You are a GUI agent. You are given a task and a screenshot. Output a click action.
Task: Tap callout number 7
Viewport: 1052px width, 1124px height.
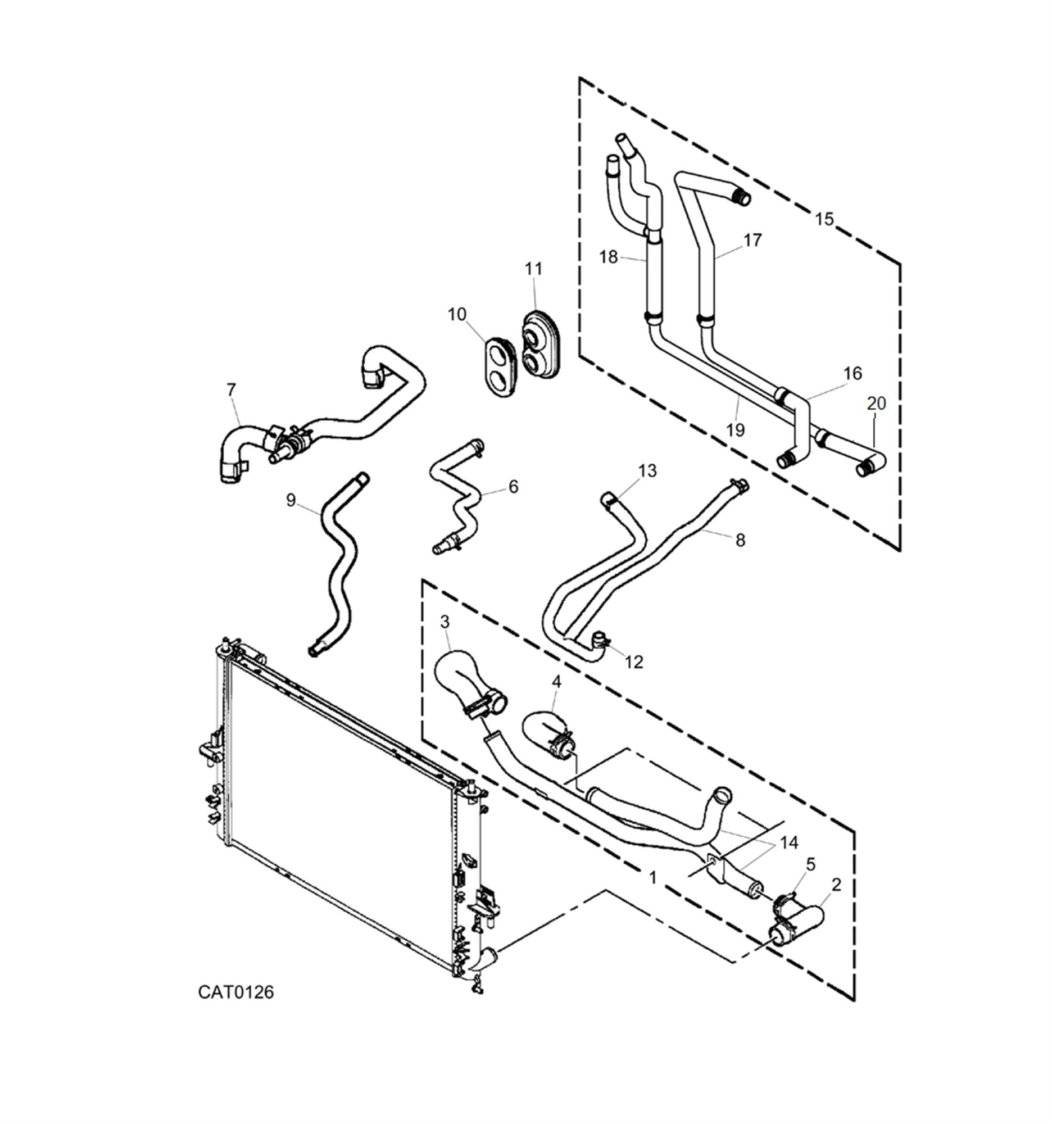pos(230,389)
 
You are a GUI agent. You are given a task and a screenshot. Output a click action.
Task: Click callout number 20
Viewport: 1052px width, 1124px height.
pos(876,403)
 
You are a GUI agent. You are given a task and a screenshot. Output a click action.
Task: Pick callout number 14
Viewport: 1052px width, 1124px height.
pos(788,842)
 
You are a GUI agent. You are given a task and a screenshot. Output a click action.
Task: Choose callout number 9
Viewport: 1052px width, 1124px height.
pos(291,500)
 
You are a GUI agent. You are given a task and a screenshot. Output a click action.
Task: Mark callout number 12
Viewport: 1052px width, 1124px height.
pos(634,662)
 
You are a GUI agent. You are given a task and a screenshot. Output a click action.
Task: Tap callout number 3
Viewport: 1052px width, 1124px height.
pos(445,622)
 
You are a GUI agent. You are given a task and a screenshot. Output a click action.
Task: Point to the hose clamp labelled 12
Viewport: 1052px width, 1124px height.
pos(600,641)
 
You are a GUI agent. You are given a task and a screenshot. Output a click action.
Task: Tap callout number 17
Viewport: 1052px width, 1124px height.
pos(752,241)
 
